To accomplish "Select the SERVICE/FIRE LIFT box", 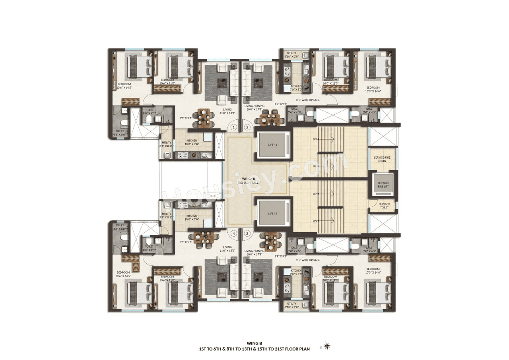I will click(x=382, y=185).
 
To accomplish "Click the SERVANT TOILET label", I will click(x=384, y=206).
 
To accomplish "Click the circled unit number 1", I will click(x=234, y=127).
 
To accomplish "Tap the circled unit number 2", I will click(x=247, y=127).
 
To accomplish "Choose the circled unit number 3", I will click(x=247, y=234).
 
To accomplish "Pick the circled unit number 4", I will click(x=234, y=234).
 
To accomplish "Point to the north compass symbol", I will click(x=327, y=345).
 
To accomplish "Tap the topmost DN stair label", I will click(x=315, y=139).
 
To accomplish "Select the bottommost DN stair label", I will click(x=315, y=221).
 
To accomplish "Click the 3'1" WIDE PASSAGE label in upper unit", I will click(x=308, y=100).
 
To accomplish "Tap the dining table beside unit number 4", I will click(x=204, y=236).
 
